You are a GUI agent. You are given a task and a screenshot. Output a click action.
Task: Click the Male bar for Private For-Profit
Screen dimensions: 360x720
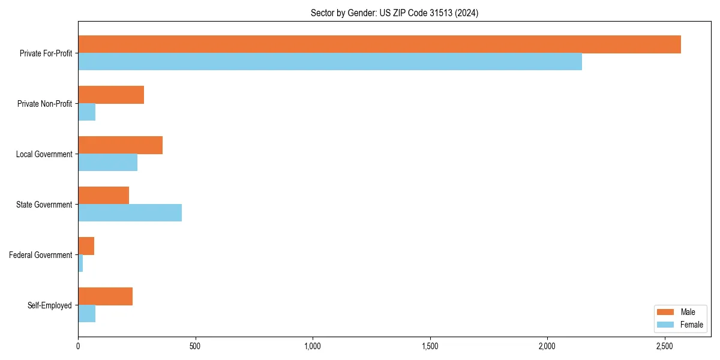[x=379, y=44]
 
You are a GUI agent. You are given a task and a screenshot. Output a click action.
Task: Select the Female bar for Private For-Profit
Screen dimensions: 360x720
[x=330, y=61]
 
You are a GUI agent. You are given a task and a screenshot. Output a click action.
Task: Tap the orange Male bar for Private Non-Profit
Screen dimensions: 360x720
[x=111, y=95]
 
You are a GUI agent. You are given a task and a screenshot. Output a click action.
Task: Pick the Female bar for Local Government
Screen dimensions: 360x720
[x=108, y=163]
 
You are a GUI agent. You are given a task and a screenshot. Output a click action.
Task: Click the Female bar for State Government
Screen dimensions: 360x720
[x=130, y=213]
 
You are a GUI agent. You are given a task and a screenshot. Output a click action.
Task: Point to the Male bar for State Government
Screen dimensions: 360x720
[x=104, y=196]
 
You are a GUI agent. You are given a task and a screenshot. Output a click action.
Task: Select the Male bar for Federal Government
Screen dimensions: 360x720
[x=86, y=246]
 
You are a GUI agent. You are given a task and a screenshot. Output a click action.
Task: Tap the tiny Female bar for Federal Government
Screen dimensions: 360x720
[x=80, y=263]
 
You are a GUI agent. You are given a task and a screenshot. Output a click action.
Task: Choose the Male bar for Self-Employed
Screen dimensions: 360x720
[x=106, y=296]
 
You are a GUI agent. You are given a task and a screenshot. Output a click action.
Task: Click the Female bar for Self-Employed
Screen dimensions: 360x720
[x=87, y=314]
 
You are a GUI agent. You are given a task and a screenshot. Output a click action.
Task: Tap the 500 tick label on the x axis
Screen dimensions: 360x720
[x=195, y=346]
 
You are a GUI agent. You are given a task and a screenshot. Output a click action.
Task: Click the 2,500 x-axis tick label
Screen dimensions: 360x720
[x=664, y=346]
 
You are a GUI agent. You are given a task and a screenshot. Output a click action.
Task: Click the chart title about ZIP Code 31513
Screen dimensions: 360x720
[x=394, y=13]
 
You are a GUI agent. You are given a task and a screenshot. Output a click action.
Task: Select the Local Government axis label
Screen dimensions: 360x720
[x=44, y=154]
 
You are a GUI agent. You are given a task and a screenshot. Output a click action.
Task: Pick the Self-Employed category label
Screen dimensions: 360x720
[x=49, y=305]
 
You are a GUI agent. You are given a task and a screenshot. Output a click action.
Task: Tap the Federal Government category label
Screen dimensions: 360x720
[x=40, y=255]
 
